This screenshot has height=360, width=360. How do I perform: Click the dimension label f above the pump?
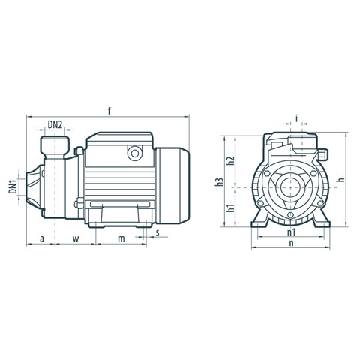(109, 111)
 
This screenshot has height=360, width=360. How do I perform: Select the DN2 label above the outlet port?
(55, 124)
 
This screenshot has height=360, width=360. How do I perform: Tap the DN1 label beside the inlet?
(13, 187)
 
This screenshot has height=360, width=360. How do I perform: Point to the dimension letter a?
(42, 239)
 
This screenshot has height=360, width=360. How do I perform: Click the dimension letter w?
(76, 239)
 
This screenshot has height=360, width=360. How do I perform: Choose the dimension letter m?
(121, 239)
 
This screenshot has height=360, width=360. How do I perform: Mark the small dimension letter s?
(157, 232)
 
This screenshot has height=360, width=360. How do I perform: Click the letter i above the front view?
(297, 118)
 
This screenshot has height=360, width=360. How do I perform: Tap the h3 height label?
(219, 182)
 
